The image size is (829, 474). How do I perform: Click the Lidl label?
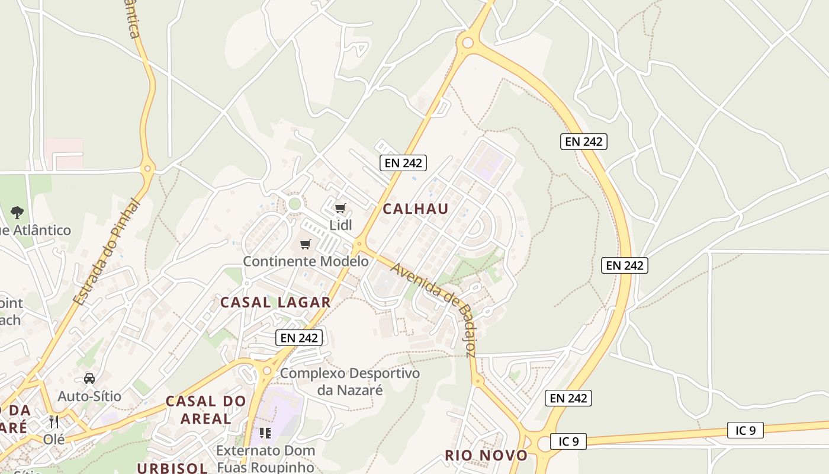340,225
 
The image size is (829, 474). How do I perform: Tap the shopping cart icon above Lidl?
340,208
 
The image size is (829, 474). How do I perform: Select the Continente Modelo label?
306,261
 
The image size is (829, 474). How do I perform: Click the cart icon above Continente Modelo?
306,244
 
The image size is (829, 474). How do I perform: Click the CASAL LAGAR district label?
275,302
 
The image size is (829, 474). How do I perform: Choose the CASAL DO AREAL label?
205,409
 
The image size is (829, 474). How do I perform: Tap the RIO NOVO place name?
486,455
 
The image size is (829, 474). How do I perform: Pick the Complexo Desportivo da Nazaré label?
349,382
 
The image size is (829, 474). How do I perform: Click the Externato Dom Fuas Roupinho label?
265,458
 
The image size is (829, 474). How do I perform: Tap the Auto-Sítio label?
89,396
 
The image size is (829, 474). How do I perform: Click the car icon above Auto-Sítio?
89,378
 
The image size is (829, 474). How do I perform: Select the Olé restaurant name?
54,439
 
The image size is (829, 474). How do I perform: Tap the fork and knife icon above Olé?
54,422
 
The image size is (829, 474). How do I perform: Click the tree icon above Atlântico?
17,212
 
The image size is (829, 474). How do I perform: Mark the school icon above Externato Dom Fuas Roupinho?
265,433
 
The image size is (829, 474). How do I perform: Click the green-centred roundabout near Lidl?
294,204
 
